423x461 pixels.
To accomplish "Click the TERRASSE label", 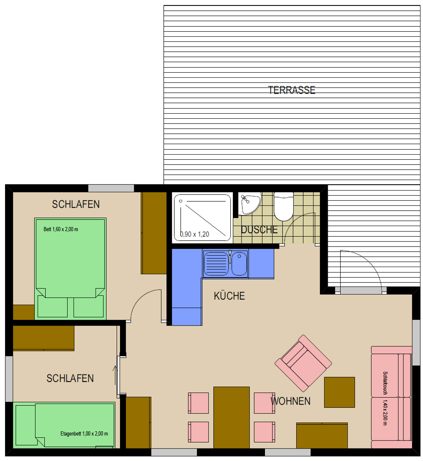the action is (292, 90).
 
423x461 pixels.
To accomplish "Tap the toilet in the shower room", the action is (284, 206).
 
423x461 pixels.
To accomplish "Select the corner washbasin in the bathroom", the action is (249, 204).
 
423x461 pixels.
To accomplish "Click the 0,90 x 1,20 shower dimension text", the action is (194, 234).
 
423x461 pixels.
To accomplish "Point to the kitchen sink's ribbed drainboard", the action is (216, 263).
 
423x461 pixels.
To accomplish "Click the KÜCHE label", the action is (229, 296).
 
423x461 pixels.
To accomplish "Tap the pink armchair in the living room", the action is (303, 363).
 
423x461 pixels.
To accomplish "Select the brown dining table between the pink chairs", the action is (231, 418).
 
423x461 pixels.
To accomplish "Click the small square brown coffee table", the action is (339, 392).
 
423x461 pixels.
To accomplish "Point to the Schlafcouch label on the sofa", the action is (385, 383).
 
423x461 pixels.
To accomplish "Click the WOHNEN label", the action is (290, 401).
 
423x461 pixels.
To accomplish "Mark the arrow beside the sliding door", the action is (115, 375).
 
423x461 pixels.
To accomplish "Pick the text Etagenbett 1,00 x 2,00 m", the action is (84, 434).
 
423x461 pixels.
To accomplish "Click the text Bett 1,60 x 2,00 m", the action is (61, 229).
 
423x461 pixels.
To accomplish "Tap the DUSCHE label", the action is (259, 229).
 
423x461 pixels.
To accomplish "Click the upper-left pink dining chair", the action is (199, 403).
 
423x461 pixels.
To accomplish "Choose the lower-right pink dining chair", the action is (265, 432).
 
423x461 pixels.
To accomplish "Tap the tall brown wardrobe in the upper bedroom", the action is (154, 233).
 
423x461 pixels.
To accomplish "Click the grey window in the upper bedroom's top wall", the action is (111, 188).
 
